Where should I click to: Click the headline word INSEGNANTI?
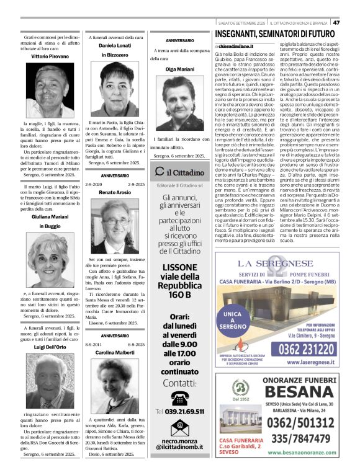(243, 33)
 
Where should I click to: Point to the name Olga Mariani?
(180, 69)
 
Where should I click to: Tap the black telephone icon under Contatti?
(180, 398)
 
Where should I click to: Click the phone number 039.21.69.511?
(185, 411)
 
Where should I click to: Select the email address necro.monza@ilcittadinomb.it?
(180, 443)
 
